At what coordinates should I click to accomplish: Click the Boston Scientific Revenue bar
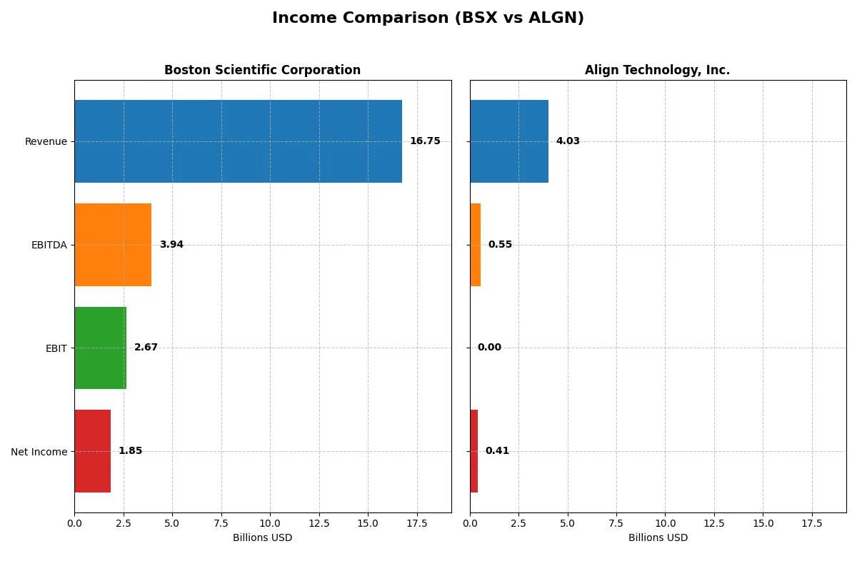(x=238, y=141)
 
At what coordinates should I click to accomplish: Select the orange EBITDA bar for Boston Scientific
(x=113, y=245)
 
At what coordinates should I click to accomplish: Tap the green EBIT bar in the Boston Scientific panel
(x=100, y=348)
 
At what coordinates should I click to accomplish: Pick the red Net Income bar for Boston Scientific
(x=92, y=451)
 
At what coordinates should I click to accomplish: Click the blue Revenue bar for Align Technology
(x=509, y=141)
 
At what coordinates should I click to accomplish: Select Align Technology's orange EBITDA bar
(x=476, y=245)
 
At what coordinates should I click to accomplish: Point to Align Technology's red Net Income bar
(x=474, y=451)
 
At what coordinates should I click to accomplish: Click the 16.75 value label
(x=425, y=141)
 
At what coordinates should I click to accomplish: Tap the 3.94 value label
(x=171, y=245)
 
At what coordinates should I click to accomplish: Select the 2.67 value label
(x=146, y=348)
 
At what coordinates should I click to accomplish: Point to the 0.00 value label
(x=489, y=348)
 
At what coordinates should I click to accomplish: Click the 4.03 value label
(x=568, y=141)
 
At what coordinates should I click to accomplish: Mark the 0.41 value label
(x=497, y=451)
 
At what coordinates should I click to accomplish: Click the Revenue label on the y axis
(x=46, y=141)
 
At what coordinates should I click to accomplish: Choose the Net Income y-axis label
(x=39, y=452)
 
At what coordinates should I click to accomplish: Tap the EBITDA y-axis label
(x=49, y=245)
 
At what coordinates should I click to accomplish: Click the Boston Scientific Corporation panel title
(x=262, y=70)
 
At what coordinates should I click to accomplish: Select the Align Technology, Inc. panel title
(x=657, y=70)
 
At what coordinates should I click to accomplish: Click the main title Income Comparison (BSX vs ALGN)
(x=428, y=18)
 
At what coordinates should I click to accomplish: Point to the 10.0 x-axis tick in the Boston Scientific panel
(x=270, y=524)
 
